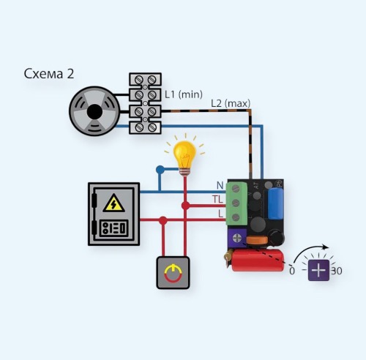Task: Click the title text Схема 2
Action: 49,74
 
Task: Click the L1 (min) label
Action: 184,94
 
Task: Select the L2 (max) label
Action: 231,103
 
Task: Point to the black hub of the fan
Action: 94,112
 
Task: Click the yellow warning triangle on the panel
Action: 113,203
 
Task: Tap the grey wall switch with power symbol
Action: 173,273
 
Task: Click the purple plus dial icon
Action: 318,270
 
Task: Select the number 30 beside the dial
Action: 337,271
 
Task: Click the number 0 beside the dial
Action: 292,271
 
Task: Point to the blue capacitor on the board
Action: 276,203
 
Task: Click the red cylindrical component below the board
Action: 258,260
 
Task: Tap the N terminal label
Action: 220,185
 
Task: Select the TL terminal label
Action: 217,200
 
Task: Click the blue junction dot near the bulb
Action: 160,170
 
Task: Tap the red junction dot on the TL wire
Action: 185,206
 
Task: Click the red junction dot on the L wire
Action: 163,220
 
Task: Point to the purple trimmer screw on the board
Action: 237,238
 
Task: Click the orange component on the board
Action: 256,240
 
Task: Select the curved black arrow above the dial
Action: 309,250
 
